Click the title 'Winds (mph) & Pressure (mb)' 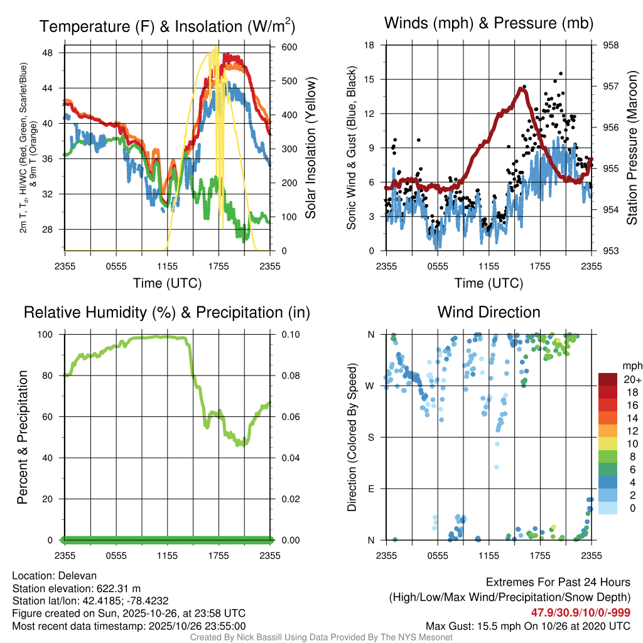pyautogui.click(x=489, y=24)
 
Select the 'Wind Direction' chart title pyautogui.click(x=489, y=312)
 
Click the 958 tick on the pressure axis pyautogui.click(x=610, y=45)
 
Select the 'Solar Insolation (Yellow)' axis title pyautogui.click(x=311, y=148)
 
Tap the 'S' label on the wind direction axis pyautogui.click(x=370, y=437)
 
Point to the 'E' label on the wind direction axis pyautogui.click(x=370, y=489)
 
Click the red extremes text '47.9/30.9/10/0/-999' pyautogui.click(x=581, y=613)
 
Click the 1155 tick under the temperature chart pyautogui.click(x=167, y=266)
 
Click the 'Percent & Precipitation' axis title pyautogui.click(x=23, y=437)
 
